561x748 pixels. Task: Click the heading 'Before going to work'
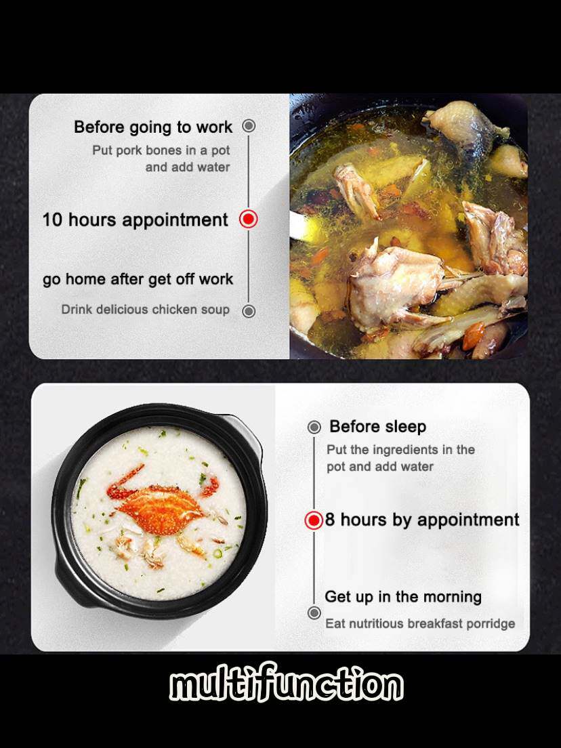(153, 127)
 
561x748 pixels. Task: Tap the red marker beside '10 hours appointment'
(248, 219)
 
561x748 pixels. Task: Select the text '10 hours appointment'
(136, 220)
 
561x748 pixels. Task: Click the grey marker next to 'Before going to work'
(249, 126)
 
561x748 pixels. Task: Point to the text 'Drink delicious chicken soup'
(146, 310)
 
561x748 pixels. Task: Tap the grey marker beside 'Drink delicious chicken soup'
(249, 311)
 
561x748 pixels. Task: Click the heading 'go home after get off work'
(138, 279)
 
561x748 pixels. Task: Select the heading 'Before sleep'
(377, 426)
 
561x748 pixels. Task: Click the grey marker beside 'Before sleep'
(314, 427)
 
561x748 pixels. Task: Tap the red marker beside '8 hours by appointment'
(314, 520)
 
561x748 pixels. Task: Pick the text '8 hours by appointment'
(422, 520)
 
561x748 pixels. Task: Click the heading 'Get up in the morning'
(403, 597)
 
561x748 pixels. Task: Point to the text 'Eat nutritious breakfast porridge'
(420, 623)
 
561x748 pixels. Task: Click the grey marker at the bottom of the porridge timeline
(314, 612)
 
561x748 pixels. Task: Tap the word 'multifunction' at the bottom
(286, 685)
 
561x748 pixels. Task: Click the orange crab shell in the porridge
(160, 510)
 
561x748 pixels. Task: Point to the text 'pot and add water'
(379, 467)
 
